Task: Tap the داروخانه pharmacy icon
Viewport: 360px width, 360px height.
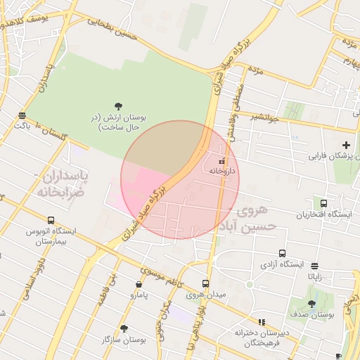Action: [x=212, y=161]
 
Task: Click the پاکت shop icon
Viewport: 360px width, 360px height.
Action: [x=22, y=115]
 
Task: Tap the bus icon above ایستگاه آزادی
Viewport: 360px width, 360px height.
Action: [x=282, y=253]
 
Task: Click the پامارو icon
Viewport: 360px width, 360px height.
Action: [x=139, y=285]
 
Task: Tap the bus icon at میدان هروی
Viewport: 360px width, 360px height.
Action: [x=205, y=284]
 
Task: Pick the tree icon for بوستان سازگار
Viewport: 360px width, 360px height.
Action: [x=124, y=328]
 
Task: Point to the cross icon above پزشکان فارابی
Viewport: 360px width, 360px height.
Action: [x=346, y=144]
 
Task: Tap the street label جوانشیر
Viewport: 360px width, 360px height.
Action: [x=265, y=118]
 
